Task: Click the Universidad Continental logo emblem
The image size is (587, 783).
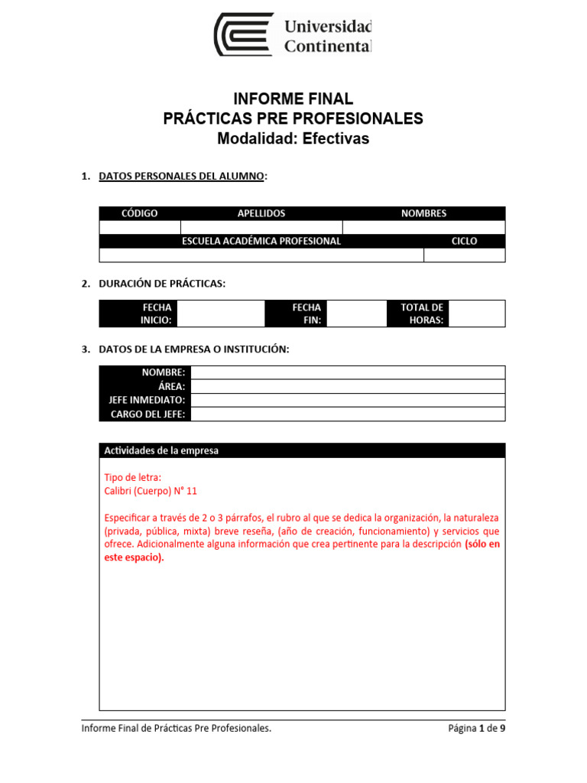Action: pyautogui.click(x=243, y=34)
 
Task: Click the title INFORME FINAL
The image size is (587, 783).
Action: pyautogui.click(x=293, y=99)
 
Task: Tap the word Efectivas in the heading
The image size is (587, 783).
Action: pyautogui.click(x=336, y=139)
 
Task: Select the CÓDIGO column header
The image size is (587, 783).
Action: pyautogui.click(x=140, y=213)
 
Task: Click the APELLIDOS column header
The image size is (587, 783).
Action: pyautogui.click(x=261, y=213)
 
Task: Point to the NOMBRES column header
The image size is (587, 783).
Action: pyautogui.click(x=423, y=213)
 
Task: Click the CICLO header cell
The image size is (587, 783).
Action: pyautogui.click(x=464, y=241)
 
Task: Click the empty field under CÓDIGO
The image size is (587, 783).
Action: pyautogui.click(x=140, y=227)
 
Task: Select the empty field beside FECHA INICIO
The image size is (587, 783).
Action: pyautogui.click(x=220, y=314)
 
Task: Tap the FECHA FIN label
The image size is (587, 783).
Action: pyautogui.click(x=306, y=314)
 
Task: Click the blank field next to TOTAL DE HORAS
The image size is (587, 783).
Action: pyautogui.click(x=477, y=314)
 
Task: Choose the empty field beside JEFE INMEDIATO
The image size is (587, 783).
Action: pyautogui.click(x=348, y=400)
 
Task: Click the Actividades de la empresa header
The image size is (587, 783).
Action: pyautogui.click(x=161, y=450)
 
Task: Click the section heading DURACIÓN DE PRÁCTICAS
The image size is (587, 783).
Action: pyautogui.click(x=162, y=284)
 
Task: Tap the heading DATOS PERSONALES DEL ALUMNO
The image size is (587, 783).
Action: pyautogui.click(x=182, y=177)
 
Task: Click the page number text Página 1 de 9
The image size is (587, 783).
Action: pyautogui.click(x=476, y=729)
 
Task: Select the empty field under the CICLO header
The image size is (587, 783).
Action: pyautogui.click(x=464, y=255)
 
